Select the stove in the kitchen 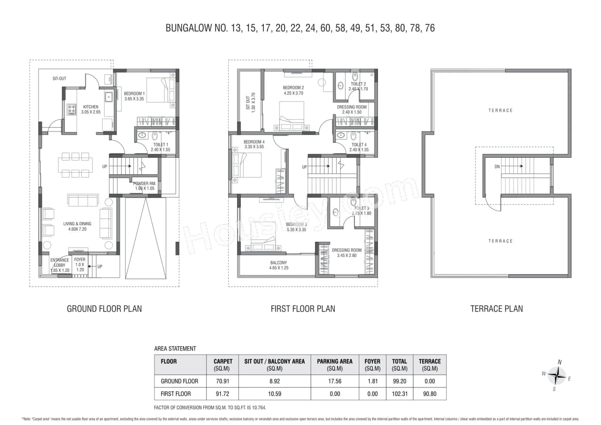point(72,109)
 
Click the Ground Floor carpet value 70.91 point(223,381)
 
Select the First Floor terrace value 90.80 point(430,394)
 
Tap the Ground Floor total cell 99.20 point(399,381)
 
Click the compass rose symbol point(557,376)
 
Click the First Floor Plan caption point(303,309)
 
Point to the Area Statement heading point(175,348)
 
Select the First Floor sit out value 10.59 point(274,394)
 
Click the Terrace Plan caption point(496,309)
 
